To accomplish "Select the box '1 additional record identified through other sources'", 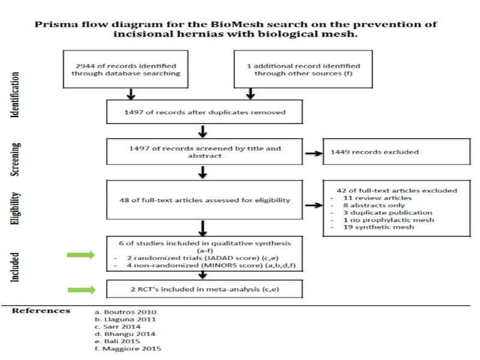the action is (303, 70).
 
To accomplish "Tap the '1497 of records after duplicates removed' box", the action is (205, 112).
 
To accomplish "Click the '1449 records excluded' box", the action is (397, 152).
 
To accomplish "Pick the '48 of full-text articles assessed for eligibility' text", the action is (205, 200).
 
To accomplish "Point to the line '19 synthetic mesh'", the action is (379, 227).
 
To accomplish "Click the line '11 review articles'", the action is (377, 198).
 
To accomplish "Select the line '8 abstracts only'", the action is (374, 205).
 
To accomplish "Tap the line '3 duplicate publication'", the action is (388, 213).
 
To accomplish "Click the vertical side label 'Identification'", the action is (14, 95).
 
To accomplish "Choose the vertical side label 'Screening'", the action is (16, 160).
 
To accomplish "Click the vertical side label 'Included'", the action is (14, 267).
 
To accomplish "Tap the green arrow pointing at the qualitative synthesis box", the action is (81, 254).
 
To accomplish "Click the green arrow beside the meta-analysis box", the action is (82, 290).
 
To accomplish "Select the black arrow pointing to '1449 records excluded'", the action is (314, 154).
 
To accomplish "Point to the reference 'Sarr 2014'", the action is (118, 326).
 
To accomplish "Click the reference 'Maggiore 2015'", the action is (128, 349).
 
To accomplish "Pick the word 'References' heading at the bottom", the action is (41, 311).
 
